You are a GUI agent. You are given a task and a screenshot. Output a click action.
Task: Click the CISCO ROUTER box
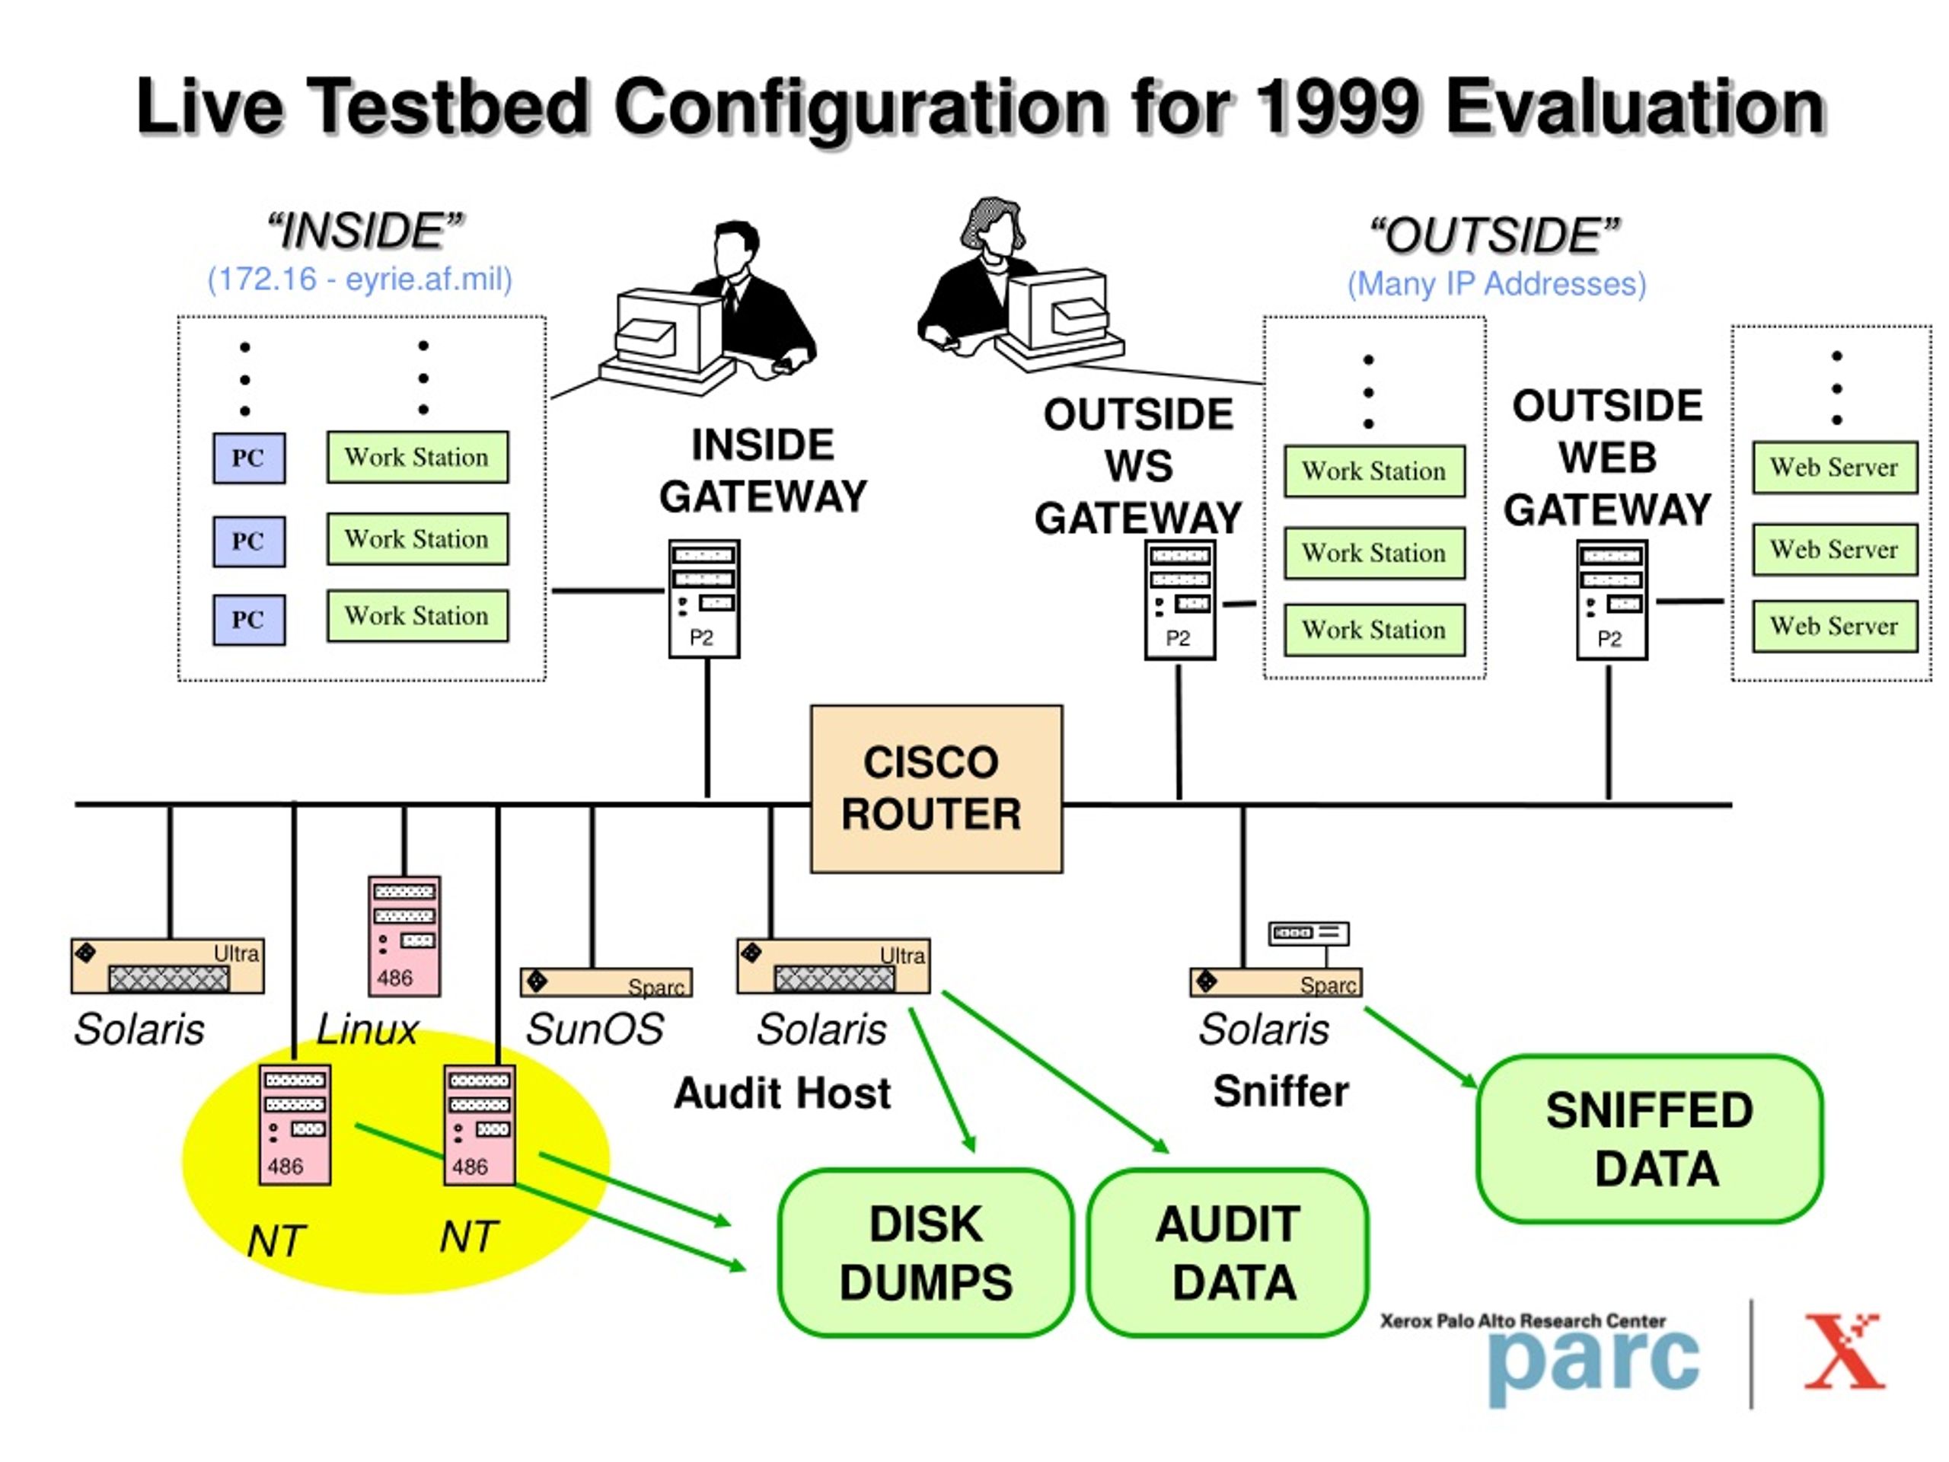pyautogui.click(x=936, y=789)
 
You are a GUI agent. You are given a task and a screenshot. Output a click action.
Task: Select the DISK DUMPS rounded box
pyautogui.click(x=926, y=1253)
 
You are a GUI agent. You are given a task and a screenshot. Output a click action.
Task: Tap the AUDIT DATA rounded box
pyautogui.click(x=1228, y=1253)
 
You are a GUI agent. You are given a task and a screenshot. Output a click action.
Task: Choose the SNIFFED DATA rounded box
pyautogui.click(x=1650, y=1138)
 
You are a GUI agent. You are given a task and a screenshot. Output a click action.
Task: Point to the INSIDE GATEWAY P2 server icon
pyautogui.click(x=704, y=599)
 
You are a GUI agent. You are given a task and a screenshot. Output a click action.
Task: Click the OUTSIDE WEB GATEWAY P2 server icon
pyautogui.click(x=1612, y=599)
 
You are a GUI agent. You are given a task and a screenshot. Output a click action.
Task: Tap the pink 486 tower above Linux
pyautogui.click(x=404, y=936)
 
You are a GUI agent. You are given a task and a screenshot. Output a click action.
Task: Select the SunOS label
pyautogui.click(x=595, y=1029)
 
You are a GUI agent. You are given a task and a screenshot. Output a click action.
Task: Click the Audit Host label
pyautogui.click(x=782, y=1093)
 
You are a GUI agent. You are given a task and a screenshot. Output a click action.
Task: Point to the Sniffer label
pyautogui.click(x=1281, y=1091)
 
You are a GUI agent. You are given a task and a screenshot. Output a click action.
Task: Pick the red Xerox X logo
pyautogui.click(x=1844, y=1351)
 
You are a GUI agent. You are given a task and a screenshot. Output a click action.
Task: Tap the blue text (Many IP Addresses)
pyautogui.click(x=1496, y=284)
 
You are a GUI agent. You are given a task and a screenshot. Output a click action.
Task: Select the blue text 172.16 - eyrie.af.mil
pyautogui.click(x=359, y=279)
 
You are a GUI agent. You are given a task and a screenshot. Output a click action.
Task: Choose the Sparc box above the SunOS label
pyautogui.click(x=606, y=982)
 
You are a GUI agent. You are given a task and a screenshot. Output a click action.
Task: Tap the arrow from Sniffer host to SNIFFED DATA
pyautogui.click(x=1421, y=1048)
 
